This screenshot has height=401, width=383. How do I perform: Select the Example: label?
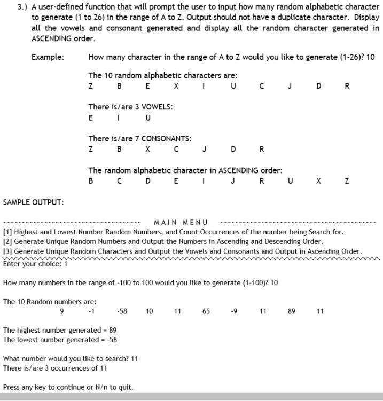pos(48,57)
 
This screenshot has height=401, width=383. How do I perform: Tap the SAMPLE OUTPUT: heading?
pos(33,202)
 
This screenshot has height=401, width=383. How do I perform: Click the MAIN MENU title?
pos(181,222)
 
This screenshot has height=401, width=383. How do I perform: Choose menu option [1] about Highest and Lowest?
pos(173,232)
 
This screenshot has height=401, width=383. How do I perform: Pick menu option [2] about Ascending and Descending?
pos(162,241)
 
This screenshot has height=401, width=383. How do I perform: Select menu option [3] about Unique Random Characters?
pos(182,251)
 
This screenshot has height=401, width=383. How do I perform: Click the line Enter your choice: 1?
pos(35,264)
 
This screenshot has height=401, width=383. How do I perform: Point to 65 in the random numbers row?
pos(206,311)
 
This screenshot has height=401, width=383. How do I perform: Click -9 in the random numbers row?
pos(234,311)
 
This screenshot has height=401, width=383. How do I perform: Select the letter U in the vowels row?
pos(148,118)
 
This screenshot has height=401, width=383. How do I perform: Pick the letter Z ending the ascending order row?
pos(347,181)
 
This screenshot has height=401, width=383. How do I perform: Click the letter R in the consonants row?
pos(261,150)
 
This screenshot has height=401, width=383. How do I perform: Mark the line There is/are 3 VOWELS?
pos(130,107)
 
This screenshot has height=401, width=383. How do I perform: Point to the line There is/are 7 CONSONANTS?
pos(140,138)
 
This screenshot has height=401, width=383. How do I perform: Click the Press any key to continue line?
pos(68,387)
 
